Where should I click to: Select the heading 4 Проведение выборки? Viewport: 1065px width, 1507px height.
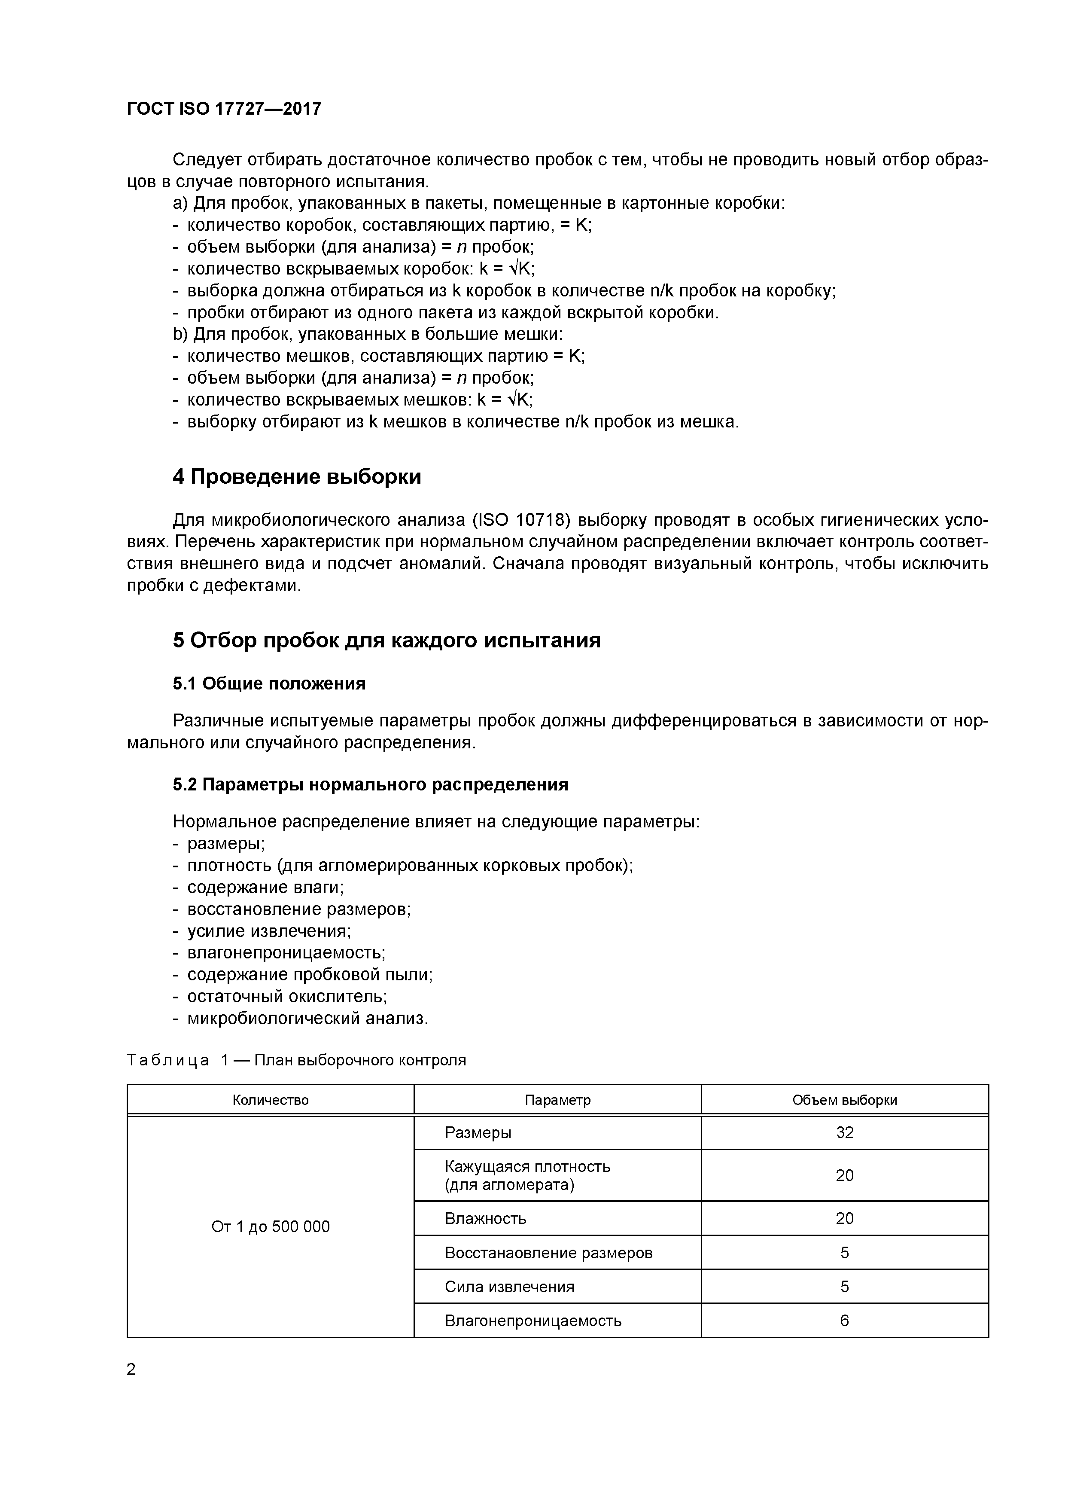[297, 476]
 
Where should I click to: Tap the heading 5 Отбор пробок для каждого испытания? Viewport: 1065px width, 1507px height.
[386, 640]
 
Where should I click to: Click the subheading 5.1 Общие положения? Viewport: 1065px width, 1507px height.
[269, 684]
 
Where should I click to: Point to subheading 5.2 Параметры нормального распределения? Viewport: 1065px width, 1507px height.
[370, 785]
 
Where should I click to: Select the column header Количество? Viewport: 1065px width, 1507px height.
[271, 1100]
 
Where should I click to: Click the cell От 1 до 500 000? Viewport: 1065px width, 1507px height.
[271, 1227]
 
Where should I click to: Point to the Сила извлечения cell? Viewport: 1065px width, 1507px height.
[509, 1287]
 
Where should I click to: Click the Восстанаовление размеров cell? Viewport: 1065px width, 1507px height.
[548, 1253]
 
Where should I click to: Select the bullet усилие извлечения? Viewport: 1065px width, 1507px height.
[269, 931]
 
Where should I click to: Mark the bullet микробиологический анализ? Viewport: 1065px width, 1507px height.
[307, 1019]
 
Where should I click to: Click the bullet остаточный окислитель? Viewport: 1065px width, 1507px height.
[287, 996]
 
